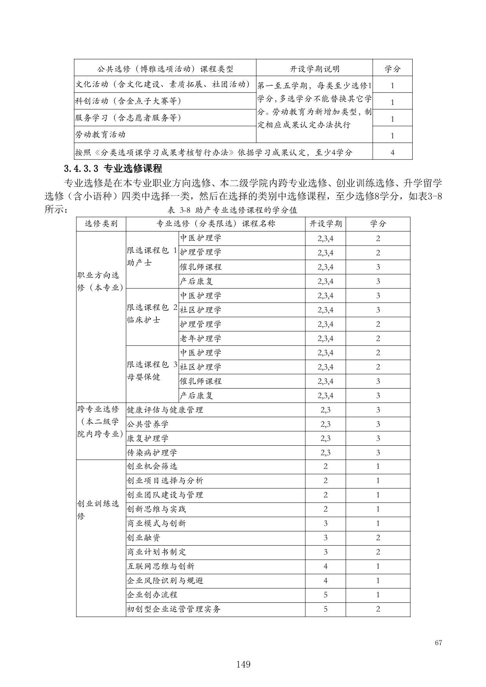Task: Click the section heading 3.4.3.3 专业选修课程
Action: tap(113, 169)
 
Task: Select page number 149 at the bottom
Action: tap(243, 664)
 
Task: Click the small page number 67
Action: tap(438, 643)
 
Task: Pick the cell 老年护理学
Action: tap(200, 338)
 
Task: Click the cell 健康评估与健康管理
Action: tap(165, 410)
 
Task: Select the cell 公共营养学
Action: tap(147, 424)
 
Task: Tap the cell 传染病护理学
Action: tap(152, 453)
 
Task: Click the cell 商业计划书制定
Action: tap(156, 552)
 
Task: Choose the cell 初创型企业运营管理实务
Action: tap(174, 609)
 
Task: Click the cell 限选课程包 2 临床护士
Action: tap(152, 313)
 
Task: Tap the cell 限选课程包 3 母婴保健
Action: tap(152, 371)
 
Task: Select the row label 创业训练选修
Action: tap(98, 510)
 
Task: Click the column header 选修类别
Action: tap(101, 224)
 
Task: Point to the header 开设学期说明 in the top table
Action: tap(314, 69)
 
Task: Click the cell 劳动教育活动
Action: tap(100, 135)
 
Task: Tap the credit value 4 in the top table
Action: tap(392, 153)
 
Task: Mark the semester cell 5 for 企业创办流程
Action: tap(325, 595)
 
